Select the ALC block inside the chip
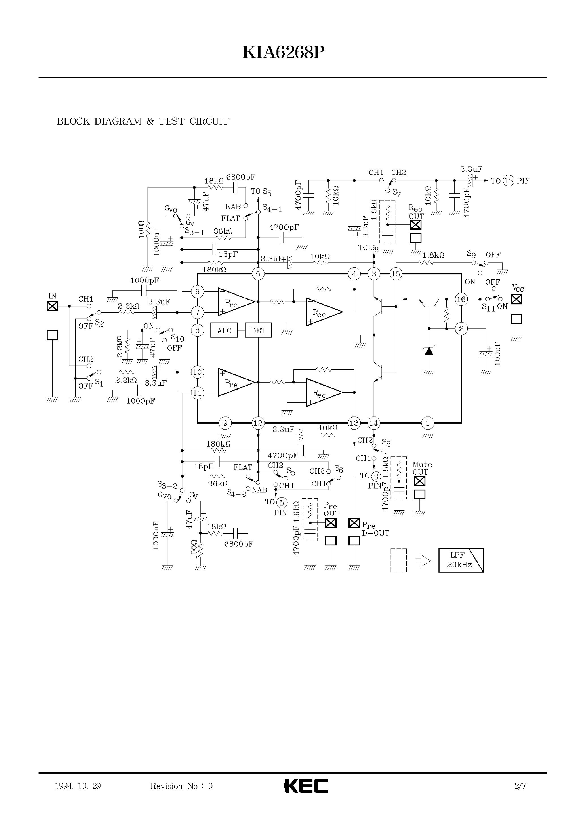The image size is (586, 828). point(224,330)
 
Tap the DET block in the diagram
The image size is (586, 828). point(258,330)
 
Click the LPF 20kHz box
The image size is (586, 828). point(461,560)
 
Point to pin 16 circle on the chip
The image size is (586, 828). point(461,299)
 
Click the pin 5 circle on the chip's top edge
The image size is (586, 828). point(258,274)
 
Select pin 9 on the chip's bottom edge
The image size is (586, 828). point(225,423)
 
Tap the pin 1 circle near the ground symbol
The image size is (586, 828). point(428,423)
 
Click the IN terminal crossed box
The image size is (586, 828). point(52,306)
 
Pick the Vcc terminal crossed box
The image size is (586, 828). point(516,299)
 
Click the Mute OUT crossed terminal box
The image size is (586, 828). point(419,481)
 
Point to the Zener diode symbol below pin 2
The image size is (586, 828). point(429,351)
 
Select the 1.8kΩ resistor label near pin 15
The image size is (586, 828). point(433,255)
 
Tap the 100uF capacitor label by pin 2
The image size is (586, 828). point(498,354)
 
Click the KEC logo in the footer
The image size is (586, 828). point(306,786)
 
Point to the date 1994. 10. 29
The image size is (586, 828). point(78,786)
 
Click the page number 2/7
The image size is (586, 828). point(520,786)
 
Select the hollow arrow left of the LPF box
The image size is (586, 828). point(423,561)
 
